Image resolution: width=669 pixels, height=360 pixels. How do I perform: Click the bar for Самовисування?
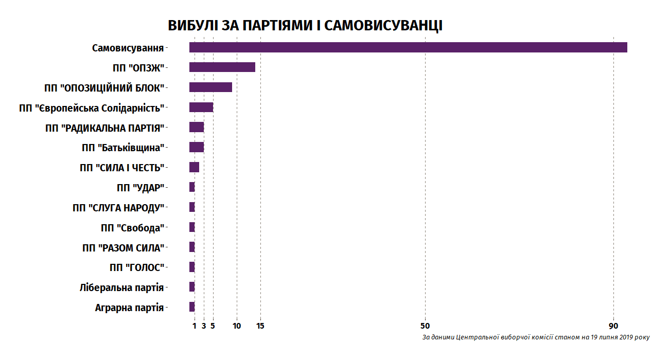tap(408, 47)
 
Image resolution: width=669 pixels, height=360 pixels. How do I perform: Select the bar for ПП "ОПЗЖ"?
tap(222, 67)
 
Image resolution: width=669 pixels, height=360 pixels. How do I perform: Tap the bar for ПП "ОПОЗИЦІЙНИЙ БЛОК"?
tap(210, 87)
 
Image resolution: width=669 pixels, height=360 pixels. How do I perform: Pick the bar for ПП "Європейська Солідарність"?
tap(201, 107)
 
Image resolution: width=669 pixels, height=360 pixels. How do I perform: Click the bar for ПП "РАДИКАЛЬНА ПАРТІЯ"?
tap(197, 128)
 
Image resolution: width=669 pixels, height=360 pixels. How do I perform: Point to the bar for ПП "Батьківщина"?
tap(197, 148)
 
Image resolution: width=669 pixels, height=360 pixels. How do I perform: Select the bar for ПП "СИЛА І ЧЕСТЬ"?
tap(194, 167)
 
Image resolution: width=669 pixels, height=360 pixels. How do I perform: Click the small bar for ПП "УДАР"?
tap(192, 187)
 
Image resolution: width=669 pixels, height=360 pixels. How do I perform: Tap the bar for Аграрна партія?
tap(192, 307)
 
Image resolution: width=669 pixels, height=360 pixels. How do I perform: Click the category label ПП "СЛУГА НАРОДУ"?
tap(118, 208)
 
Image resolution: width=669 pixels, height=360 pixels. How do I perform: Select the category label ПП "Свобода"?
tap(132, 228)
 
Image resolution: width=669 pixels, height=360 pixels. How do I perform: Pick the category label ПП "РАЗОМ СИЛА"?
tap(123, 248)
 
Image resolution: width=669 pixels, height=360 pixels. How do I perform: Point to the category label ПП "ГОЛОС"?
tap(136, 268)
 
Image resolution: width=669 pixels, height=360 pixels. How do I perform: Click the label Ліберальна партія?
tap(121, 287)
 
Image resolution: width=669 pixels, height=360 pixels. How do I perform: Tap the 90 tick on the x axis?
tap(613, 326)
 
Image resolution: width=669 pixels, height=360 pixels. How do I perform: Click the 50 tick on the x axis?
tap(425, 326)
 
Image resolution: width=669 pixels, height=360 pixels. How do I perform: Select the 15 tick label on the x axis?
tap(260, 326)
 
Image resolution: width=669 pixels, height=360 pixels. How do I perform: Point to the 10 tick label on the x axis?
tap(237, 326)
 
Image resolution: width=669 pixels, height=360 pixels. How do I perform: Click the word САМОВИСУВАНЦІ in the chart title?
tap(383, 26)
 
